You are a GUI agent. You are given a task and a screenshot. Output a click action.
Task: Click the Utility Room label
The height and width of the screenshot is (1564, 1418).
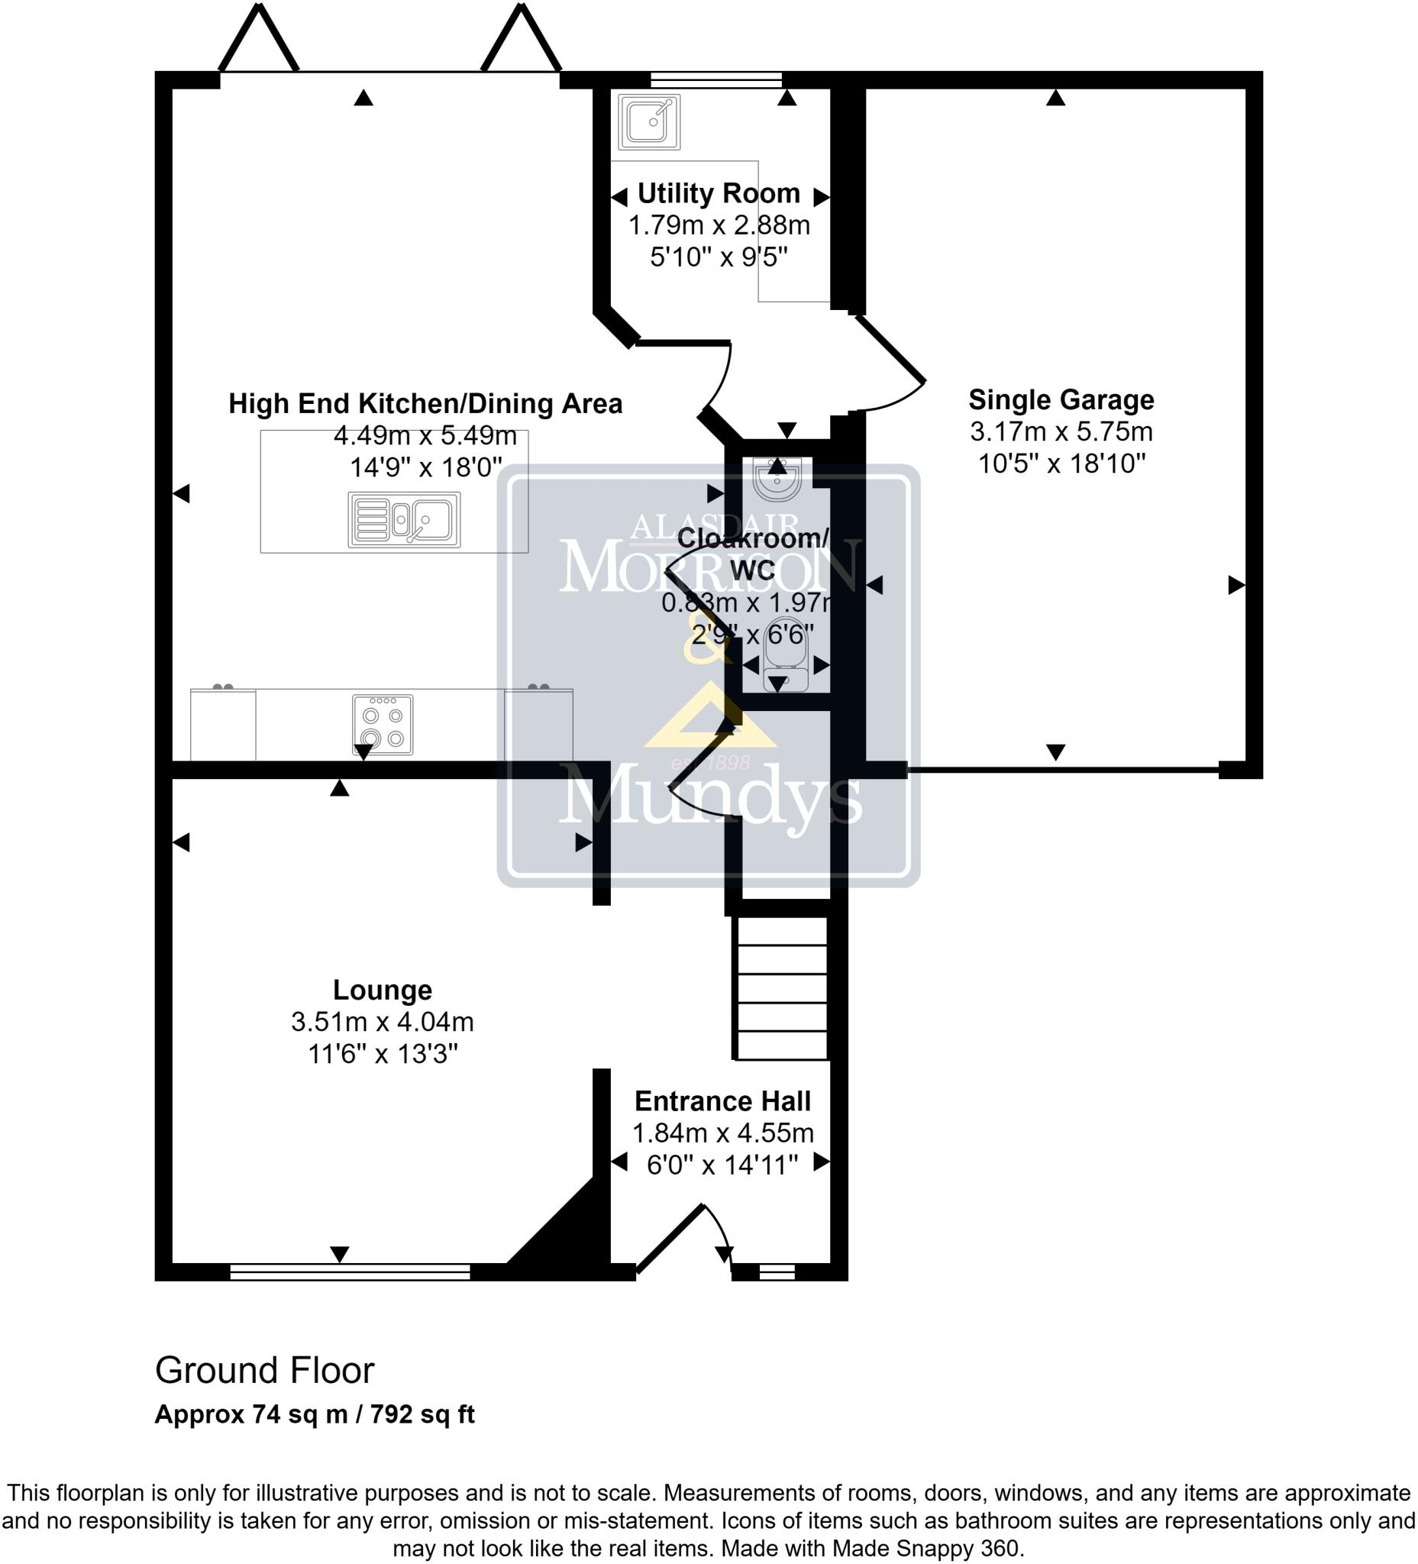719,193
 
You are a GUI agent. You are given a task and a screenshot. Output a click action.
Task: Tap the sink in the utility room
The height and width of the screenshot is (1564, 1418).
649,121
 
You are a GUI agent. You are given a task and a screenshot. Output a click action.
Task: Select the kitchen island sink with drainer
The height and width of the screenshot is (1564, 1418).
403,519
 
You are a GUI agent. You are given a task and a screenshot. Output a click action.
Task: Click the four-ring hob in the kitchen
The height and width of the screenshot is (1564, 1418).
383,725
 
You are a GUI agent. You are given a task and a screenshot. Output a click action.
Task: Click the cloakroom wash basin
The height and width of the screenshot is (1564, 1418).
777,480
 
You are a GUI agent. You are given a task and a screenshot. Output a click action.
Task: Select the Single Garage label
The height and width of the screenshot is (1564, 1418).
1061,399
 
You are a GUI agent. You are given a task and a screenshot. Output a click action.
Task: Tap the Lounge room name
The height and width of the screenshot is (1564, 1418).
382,990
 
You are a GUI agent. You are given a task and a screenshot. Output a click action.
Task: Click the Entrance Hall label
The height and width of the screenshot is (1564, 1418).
722,1101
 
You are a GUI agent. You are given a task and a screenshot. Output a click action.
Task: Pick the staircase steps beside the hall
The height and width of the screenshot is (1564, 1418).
780,988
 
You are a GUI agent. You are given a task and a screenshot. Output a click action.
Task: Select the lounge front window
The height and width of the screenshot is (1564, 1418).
350,1272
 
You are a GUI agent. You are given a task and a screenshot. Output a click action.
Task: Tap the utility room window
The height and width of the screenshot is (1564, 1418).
715,79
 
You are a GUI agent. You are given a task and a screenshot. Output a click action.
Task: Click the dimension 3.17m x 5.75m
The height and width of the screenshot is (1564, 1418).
1061,431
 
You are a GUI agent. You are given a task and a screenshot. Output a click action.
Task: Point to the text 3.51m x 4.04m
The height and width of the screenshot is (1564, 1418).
382,1022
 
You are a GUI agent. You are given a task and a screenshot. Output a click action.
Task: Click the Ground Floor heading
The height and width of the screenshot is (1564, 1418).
264,1371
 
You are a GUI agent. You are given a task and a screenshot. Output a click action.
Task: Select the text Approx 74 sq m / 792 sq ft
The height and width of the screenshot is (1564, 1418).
314,1414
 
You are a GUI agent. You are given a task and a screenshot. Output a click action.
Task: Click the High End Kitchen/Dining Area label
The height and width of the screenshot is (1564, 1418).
425,403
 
